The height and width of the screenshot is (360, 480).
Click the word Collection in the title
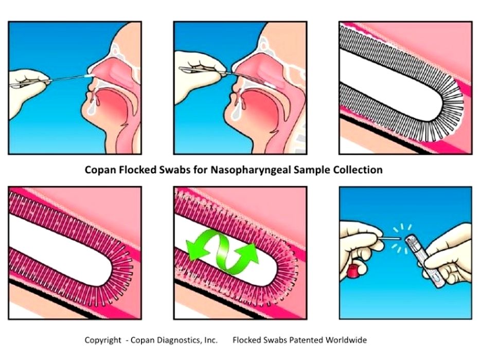358,170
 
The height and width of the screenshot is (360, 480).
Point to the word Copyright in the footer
103,340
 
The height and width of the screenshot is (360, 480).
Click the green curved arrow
222,249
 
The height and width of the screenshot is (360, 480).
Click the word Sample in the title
312,170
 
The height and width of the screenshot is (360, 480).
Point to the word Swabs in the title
175,170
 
